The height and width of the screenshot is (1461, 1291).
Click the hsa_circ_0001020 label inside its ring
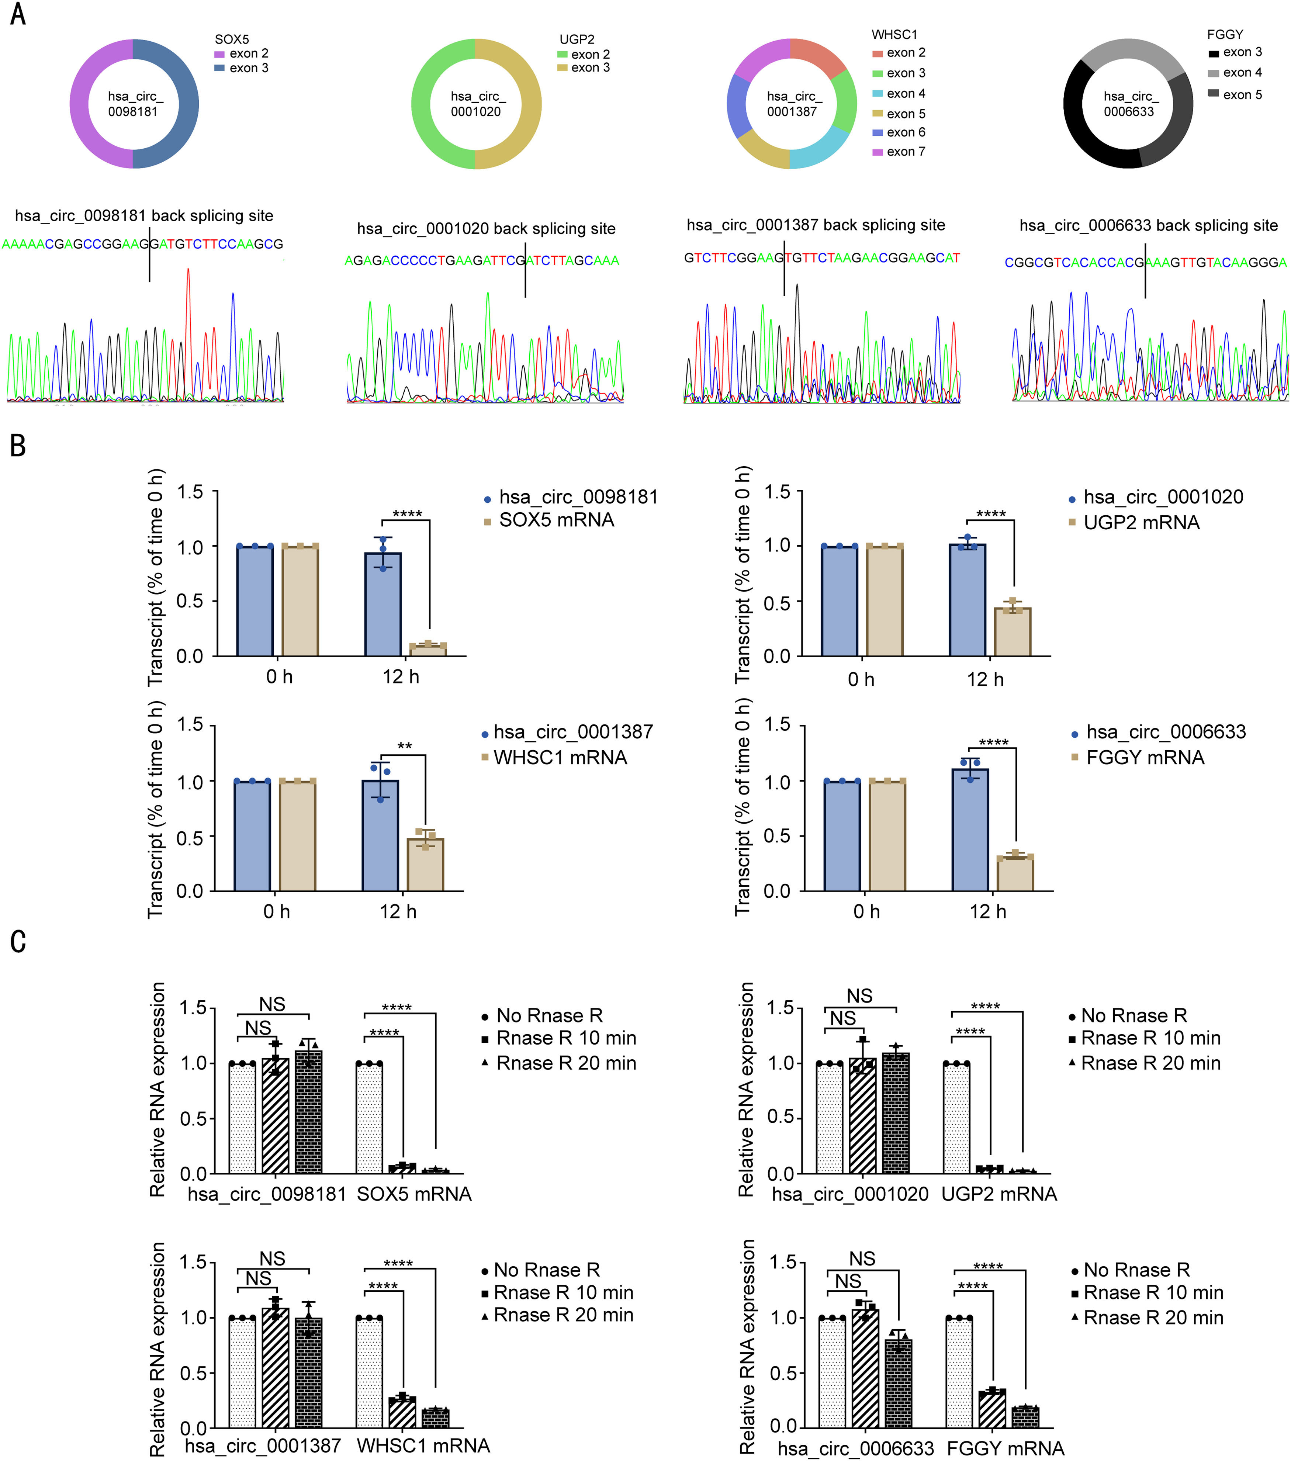click(x=476, y=104)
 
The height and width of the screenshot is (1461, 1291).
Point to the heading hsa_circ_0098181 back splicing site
click(x=144, y=216)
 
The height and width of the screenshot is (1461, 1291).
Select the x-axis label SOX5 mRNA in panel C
click(x=414, y=1194)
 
